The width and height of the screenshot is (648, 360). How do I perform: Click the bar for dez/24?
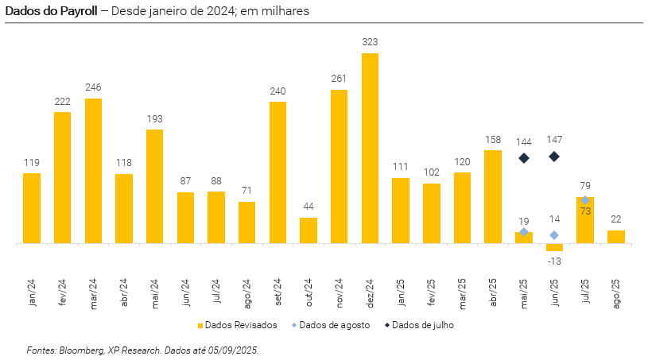(x=370, y=148)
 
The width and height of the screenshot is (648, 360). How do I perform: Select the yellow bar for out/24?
(x=308, y=230)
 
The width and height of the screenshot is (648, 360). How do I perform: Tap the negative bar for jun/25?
(x=554, y=247)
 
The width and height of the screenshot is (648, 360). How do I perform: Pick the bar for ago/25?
(x=615, y=237)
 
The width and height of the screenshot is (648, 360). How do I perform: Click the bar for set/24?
(x=277, y=172)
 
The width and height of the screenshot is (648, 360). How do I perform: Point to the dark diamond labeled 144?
(x=524, y=158)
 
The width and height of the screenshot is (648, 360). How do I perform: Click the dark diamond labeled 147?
(x=554, y=157)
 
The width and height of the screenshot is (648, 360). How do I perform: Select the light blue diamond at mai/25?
(x=524, y=232)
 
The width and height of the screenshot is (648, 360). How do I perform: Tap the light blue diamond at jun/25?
(x=554, y=235)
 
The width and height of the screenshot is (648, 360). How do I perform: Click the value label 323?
(x=370, y=41)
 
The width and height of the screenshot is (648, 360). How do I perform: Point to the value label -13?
(x=554, y=261)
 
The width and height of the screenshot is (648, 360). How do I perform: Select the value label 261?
(x=339, y=78)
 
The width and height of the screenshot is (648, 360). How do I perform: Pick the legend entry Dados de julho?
(x=423, y=325)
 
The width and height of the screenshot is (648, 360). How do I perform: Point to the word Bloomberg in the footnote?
(x=85, y=350)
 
